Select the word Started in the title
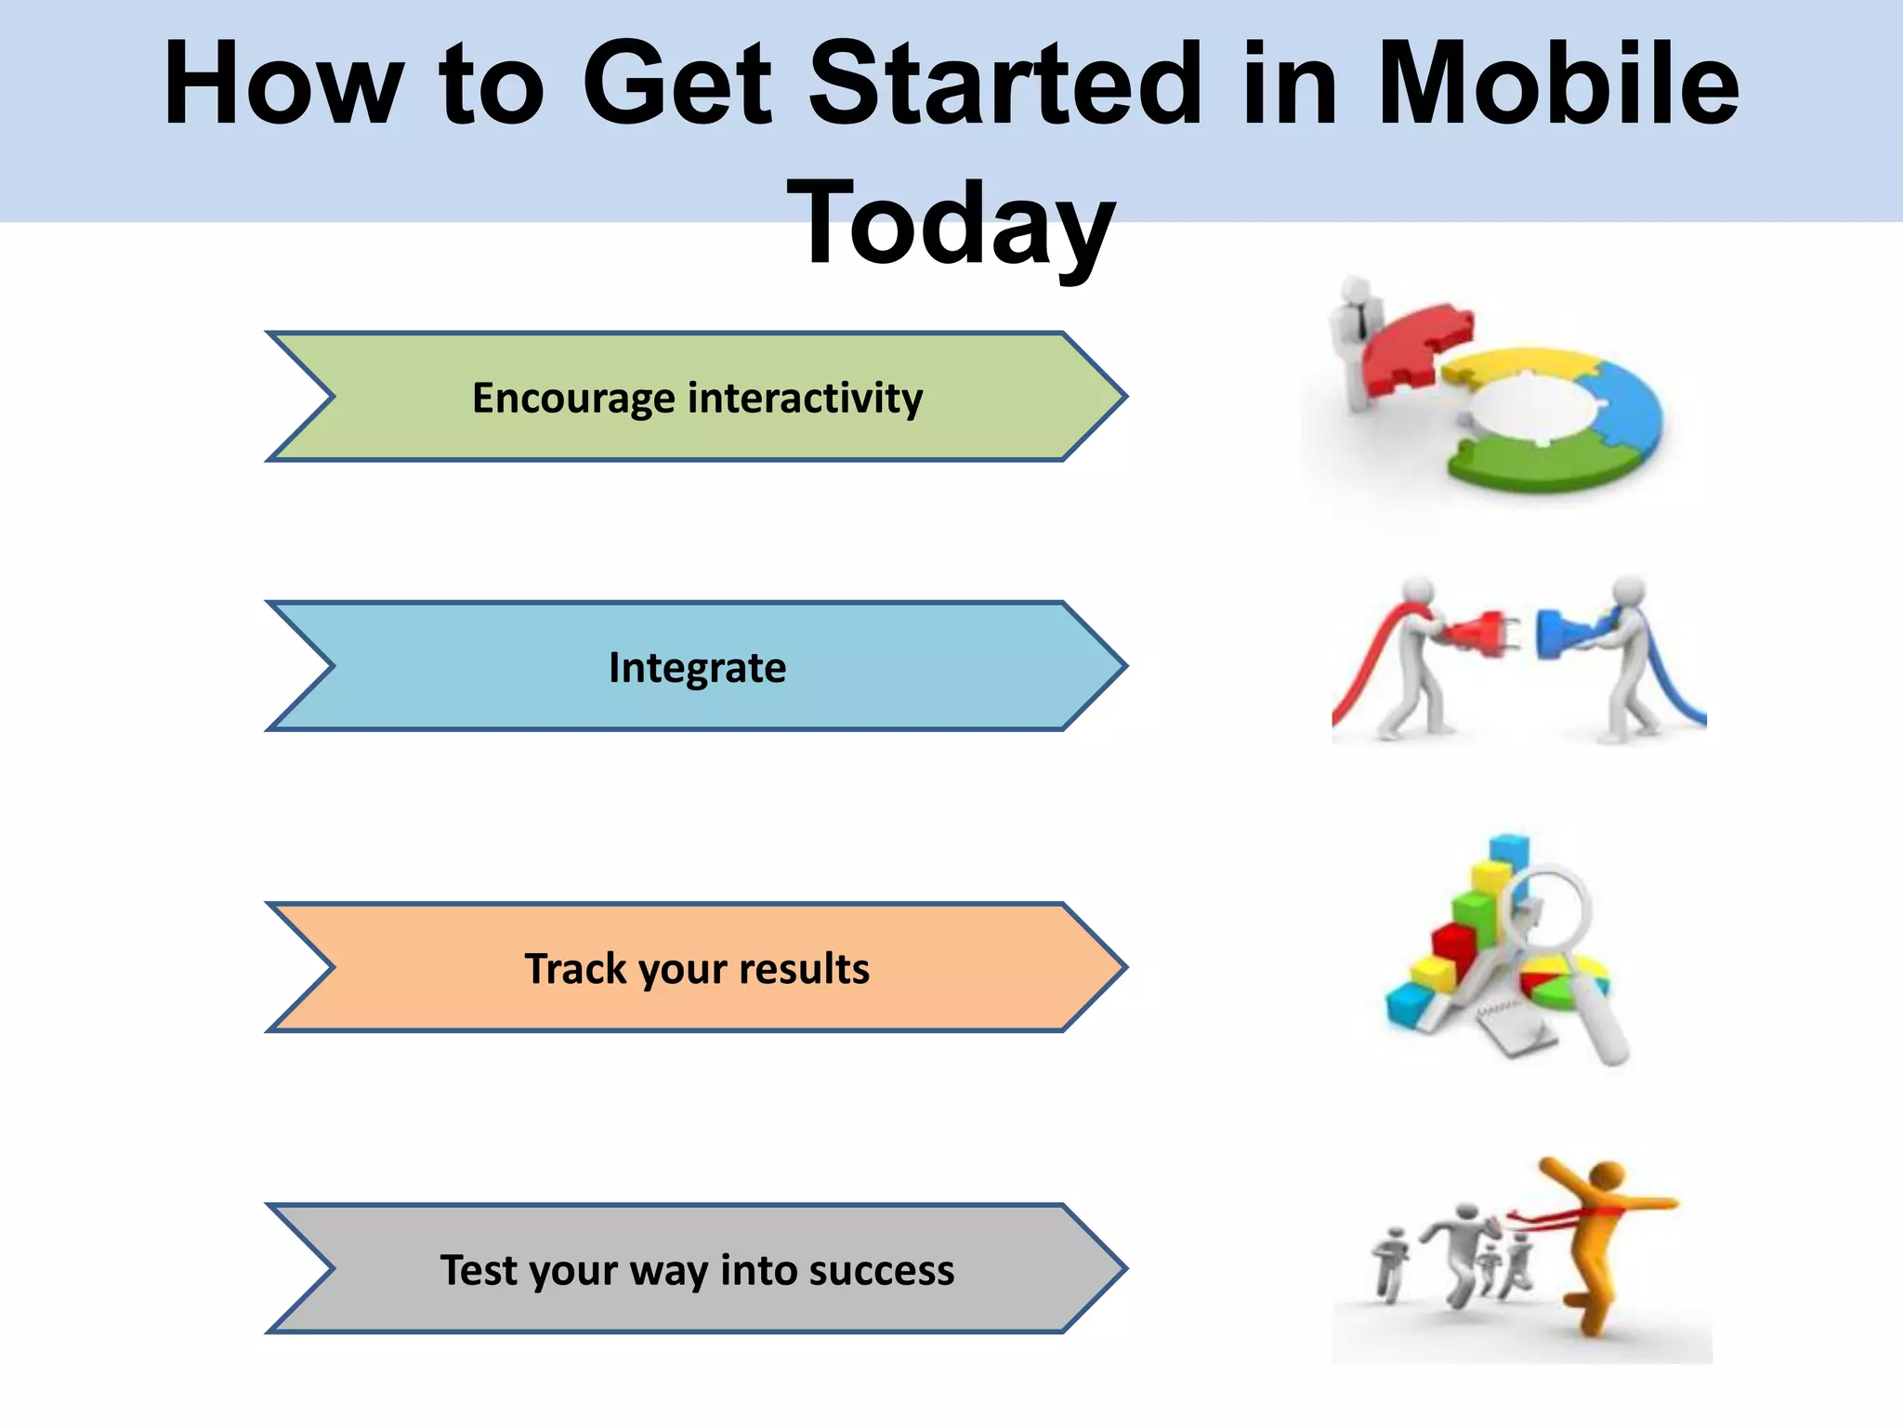click(x=1005, y=85)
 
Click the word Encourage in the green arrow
click(x=573, y=398)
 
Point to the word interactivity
click(x=805, y=398)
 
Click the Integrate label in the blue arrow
click(x=697, y=668)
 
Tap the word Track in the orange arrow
click(x=575, y=968)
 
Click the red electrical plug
click(x=1477, y=634)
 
